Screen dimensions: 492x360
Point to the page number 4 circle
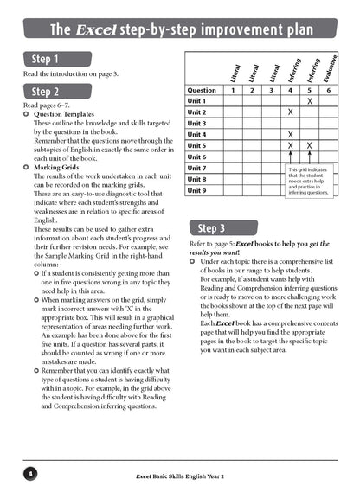pos(31,474)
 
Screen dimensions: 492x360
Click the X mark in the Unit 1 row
pos(310,101)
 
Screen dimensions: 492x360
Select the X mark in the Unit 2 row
pos(290,112)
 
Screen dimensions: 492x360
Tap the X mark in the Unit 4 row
pos(290,135)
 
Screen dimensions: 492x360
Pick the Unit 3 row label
pos(197,124)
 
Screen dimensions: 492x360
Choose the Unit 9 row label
pos(197,190)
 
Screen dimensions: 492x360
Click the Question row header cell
pos(202,90)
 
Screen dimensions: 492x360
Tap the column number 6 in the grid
pos(329,90)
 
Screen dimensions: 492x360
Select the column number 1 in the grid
pos(232,90)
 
